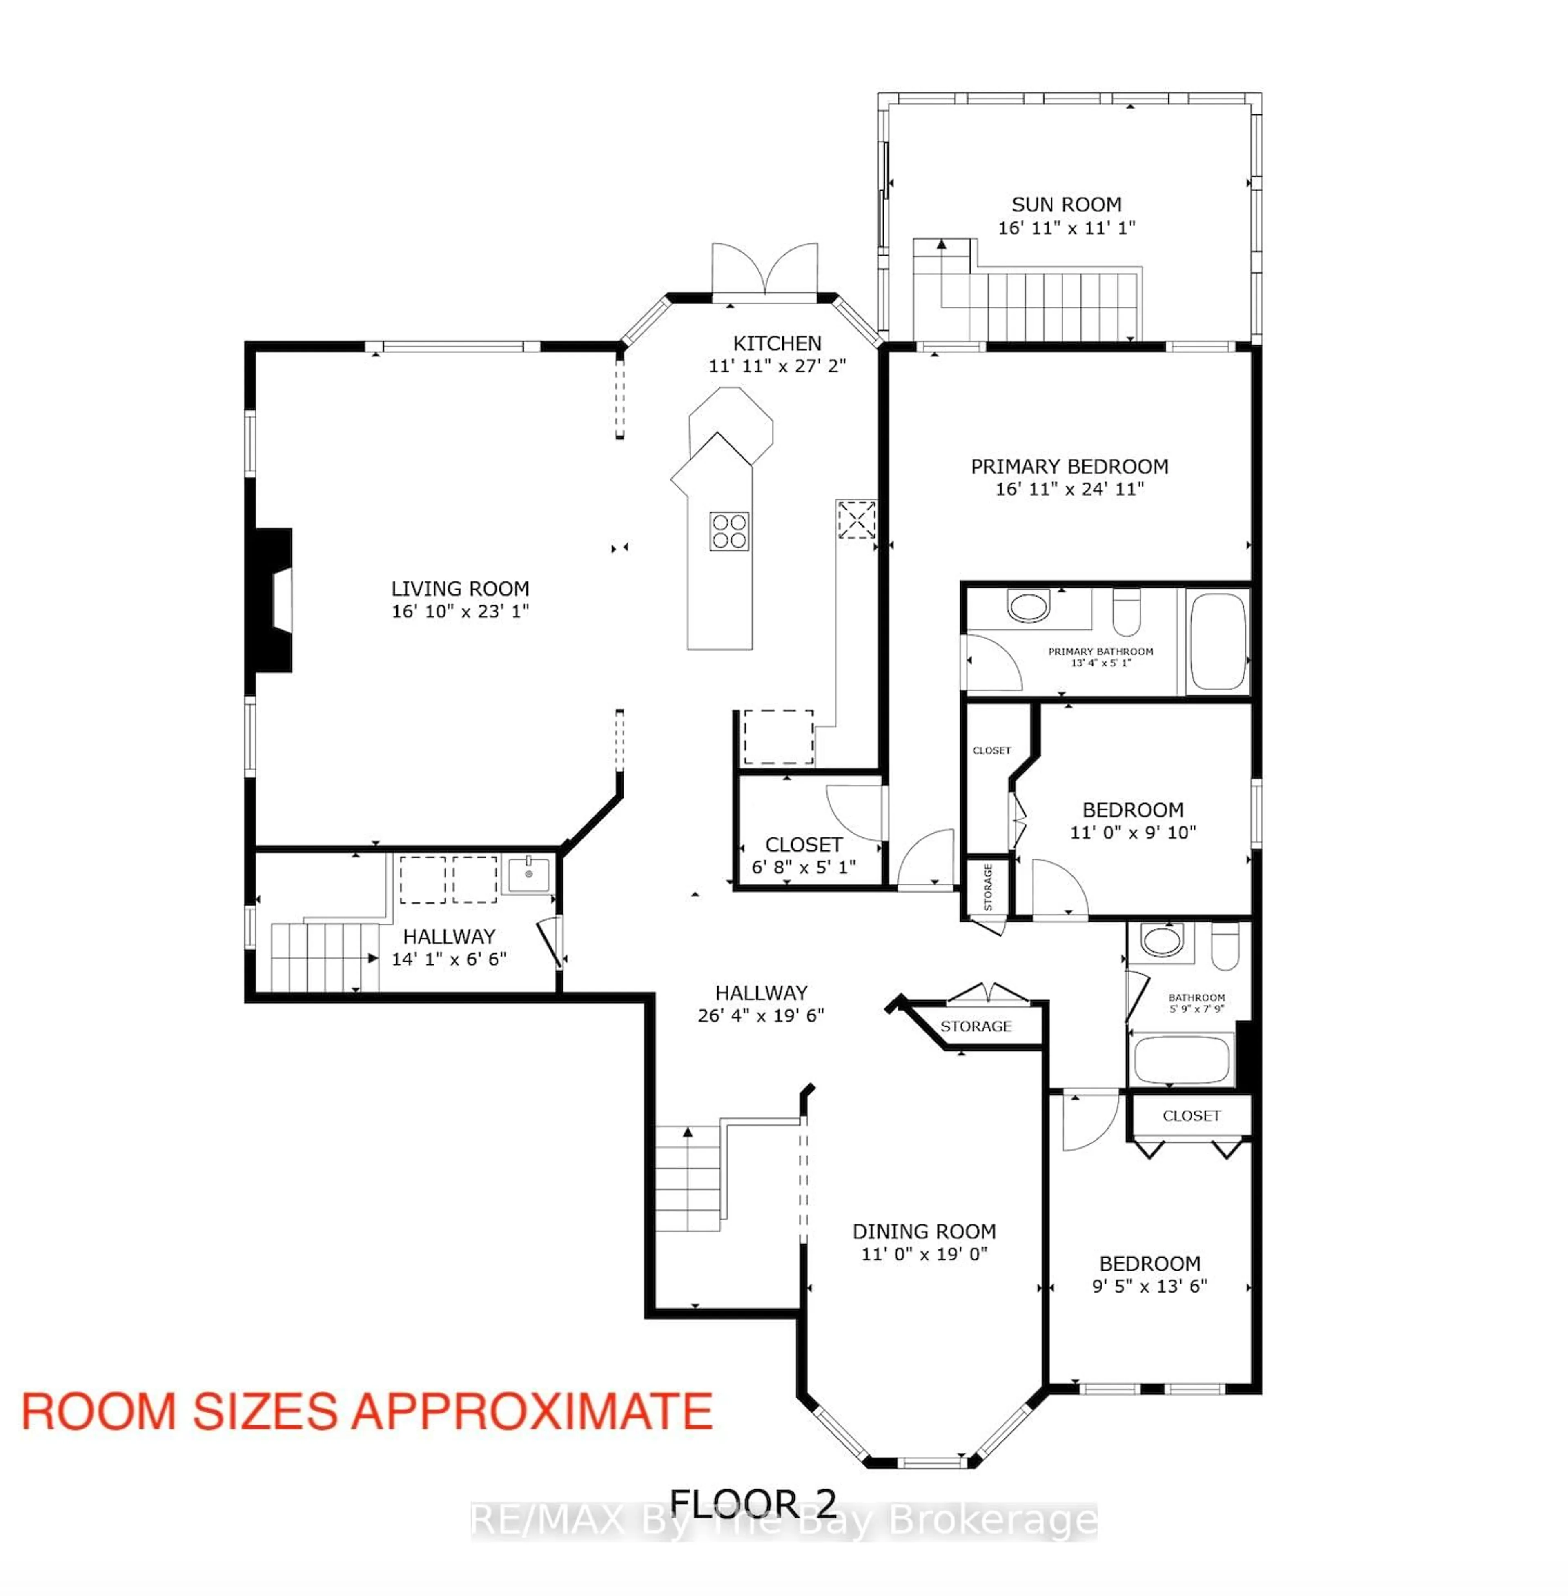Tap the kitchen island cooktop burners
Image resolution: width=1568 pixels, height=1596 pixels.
click(x=729, y=531)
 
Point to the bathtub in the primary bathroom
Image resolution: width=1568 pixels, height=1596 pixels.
click(x=1217, y=641)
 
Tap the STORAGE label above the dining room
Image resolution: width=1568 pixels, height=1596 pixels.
click(x=976, y=1026)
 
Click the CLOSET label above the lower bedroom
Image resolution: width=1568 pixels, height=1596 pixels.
click(x=1191, y=1116)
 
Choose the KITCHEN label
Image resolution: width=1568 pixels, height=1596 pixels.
click(x=777, y=343)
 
